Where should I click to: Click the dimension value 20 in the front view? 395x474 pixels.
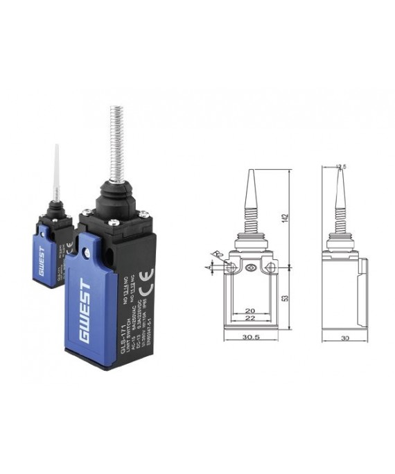[252, 311]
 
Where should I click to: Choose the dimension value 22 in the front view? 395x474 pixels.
[252, 318]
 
